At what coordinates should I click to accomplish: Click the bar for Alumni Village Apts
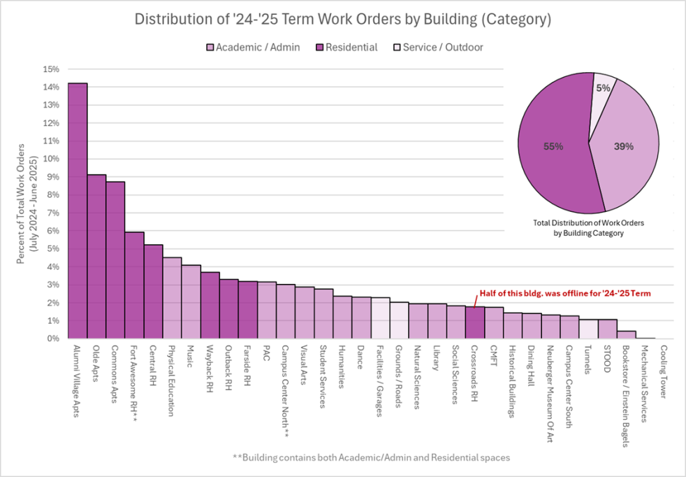click(x=78, y=211)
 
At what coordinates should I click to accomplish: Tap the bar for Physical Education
click(x=172, y=298)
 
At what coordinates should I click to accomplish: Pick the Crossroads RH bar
click(x=474, y=322)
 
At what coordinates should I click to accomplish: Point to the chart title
click(x=342, y=20)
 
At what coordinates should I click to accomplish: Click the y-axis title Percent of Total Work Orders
click(x=25, y=204)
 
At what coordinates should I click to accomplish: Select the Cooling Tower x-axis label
click(x=664, y=370)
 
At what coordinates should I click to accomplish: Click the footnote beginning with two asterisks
click(x=371, y=457)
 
